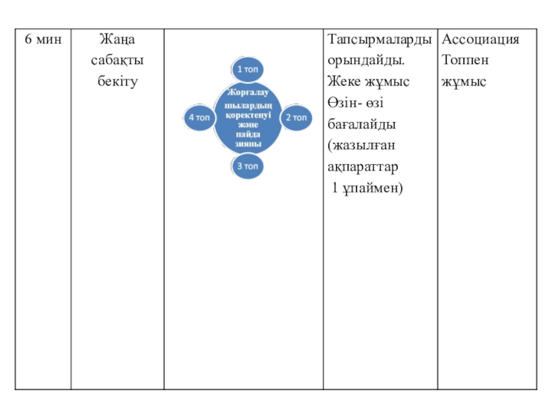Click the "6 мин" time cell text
[43, 39]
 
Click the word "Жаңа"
[118, 39]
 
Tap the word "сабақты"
[118, 61]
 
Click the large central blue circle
[247, 118]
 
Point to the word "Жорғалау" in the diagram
[247, 92]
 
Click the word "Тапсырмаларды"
[380, 39]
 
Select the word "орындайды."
[366, 61]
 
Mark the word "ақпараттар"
[364, 167]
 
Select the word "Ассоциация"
[480, 39]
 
